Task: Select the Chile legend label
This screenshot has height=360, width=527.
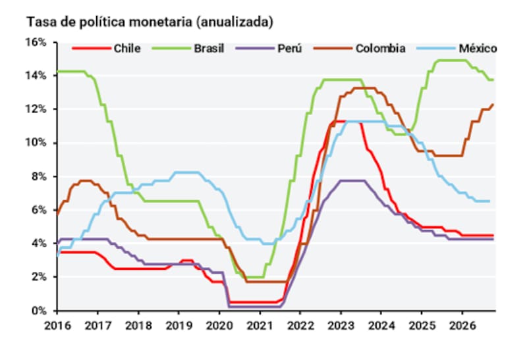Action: pos(127,48)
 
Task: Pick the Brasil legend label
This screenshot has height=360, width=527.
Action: pos(209,48)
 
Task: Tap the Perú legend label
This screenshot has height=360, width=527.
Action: pos(289,48)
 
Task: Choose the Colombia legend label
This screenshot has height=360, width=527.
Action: pos(381,48)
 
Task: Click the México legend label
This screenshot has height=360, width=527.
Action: pos(478,48)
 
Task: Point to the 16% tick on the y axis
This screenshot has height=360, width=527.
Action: pos(36,42)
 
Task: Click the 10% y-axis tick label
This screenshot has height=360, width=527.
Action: pos(36,143)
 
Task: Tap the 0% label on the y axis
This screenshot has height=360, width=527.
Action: pos(39,311)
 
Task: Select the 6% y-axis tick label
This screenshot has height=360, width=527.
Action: pos(39,210)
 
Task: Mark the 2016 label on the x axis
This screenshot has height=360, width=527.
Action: pos(57,325)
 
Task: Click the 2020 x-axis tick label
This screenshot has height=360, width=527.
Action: pos(219,325)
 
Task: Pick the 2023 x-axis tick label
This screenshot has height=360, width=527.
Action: pos(341,325)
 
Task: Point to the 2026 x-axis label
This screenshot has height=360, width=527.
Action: pos(462,325)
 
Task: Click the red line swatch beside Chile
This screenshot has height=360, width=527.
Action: pos(92,49)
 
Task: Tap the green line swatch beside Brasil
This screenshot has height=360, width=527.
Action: pos(171,49)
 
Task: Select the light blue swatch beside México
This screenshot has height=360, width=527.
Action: pos(436,49)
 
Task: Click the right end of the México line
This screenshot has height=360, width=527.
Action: pos(489,201)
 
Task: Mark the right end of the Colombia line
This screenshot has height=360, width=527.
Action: pos(493,104)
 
